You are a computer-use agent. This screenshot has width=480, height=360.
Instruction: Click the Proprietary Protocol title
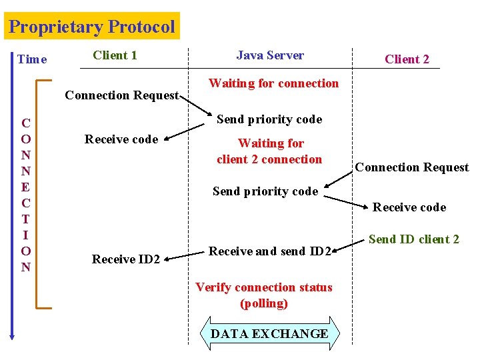pyautogui.click(x=92, y=27)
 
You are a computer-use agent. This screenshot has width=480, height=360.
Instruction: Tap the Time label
pyautogui.click(x=32, y=59)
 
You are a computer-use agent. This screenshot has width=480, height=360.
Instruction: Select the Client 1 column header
pyautogui.click(x=115, y=55)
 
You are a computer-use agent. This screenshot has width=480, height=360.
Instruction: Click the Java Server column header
pyautogui.click(x=270, y=55)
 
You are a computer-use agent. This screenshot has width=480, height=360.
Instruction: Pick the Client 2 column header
pyautogui.click(x=407, y=59)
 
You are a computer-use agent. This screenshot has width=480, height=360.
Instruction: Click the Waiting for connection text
pyautogui.click(x=273, y=83)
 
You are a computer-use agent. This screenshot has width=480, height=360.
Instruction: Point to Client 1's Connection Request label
pyautogui.click(x=121, y=95)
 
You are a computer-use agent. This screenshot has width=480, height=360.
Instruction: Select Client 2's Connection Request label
pyautogui.click(x=411, y=167)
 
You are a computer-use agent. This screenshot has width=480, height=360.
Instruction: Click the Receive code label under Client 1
pyautogui.click(x=121, y=139)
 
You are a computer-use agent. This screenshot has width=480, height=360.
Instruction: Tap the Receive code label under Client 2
pyautogui.click(x=409, y=207)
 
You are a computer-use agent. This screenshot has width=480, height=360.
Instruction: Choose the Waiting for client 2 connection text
pyautogui.click(x=270, y=151)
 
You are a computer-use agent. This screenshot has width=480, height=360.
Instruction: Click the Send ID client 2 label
pyautogui.click(x=413, y=239)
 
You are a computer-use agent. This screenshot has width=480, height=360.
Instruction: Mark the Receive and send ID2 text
pyautogui.click(x=270, y=251)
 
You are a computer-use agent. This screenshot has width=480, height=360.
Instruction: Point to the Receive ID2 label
pyautogui.click(x=126, y=259)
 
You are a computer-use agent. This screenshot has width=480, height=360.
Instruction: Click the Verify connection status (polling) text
pyautogui.click(x=263, y=295)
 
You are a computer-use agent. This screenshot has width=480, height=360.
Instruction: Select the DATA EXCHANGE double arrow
pyautogui.click(x=269, y=334)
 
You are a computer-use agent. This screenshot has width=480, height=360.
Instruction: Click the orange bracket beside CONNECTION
pyautogui.click(x=39, y=193)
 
